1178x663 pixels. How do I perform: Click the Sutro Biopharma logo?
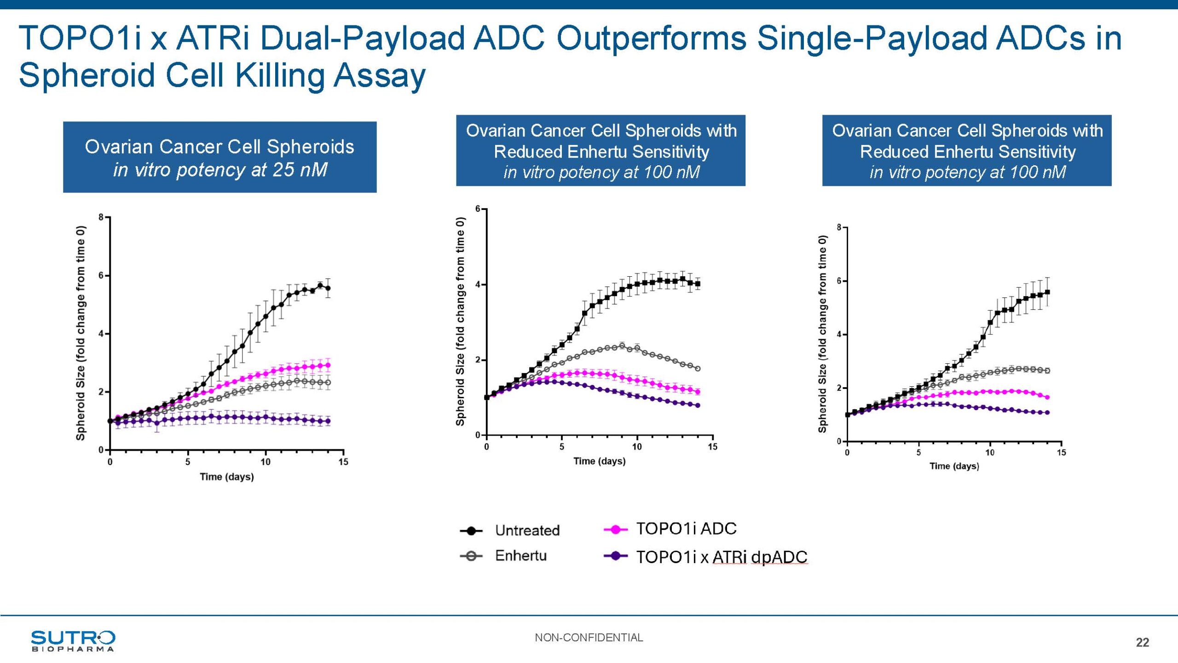pos(73,640)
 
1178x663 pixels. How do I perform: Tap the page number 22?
pos(1142,642)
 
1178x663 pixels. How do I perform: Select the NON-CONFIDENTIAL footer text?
pos(589,637)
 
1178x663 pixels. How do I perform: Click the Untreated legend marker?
pos(471,531)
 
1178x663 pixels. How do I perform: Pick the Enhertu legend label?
pos(520,556)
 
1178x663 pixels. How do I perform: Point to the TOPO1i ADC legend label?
pos(686,529)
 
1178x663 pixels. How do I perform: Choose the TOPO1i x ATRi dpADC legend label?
pos(722,557)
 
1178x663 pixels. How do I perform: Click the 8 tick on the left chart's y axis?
pos(101,217)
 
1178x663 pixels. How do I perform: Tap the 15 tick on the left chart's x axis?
pos(343,462)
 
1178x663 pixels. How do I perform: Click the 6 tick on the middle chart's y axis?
pos(478,209)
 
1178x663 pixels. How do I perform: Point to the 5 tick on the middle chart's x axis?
pos(562,447)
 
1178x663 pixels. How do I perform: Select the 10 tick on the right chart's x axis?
pos(990,453)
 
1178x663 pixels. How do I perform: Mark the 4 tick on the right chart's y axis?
pos(839,335)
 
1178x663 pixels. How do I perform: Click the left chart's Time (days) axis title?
pos(226,477)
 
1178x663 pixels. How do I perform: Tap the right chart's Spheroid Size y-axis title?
pos(822,334)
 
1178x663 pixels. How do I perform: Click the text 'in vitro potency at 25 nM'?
pos(220,170)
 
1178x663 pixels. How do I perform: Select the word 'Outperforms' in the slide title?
pos(651,38)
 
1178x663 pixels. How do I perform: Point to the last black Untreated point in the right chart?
pos(1048,292)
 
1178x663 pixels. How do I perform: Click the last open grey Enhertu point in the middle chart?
pos(698,368)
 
